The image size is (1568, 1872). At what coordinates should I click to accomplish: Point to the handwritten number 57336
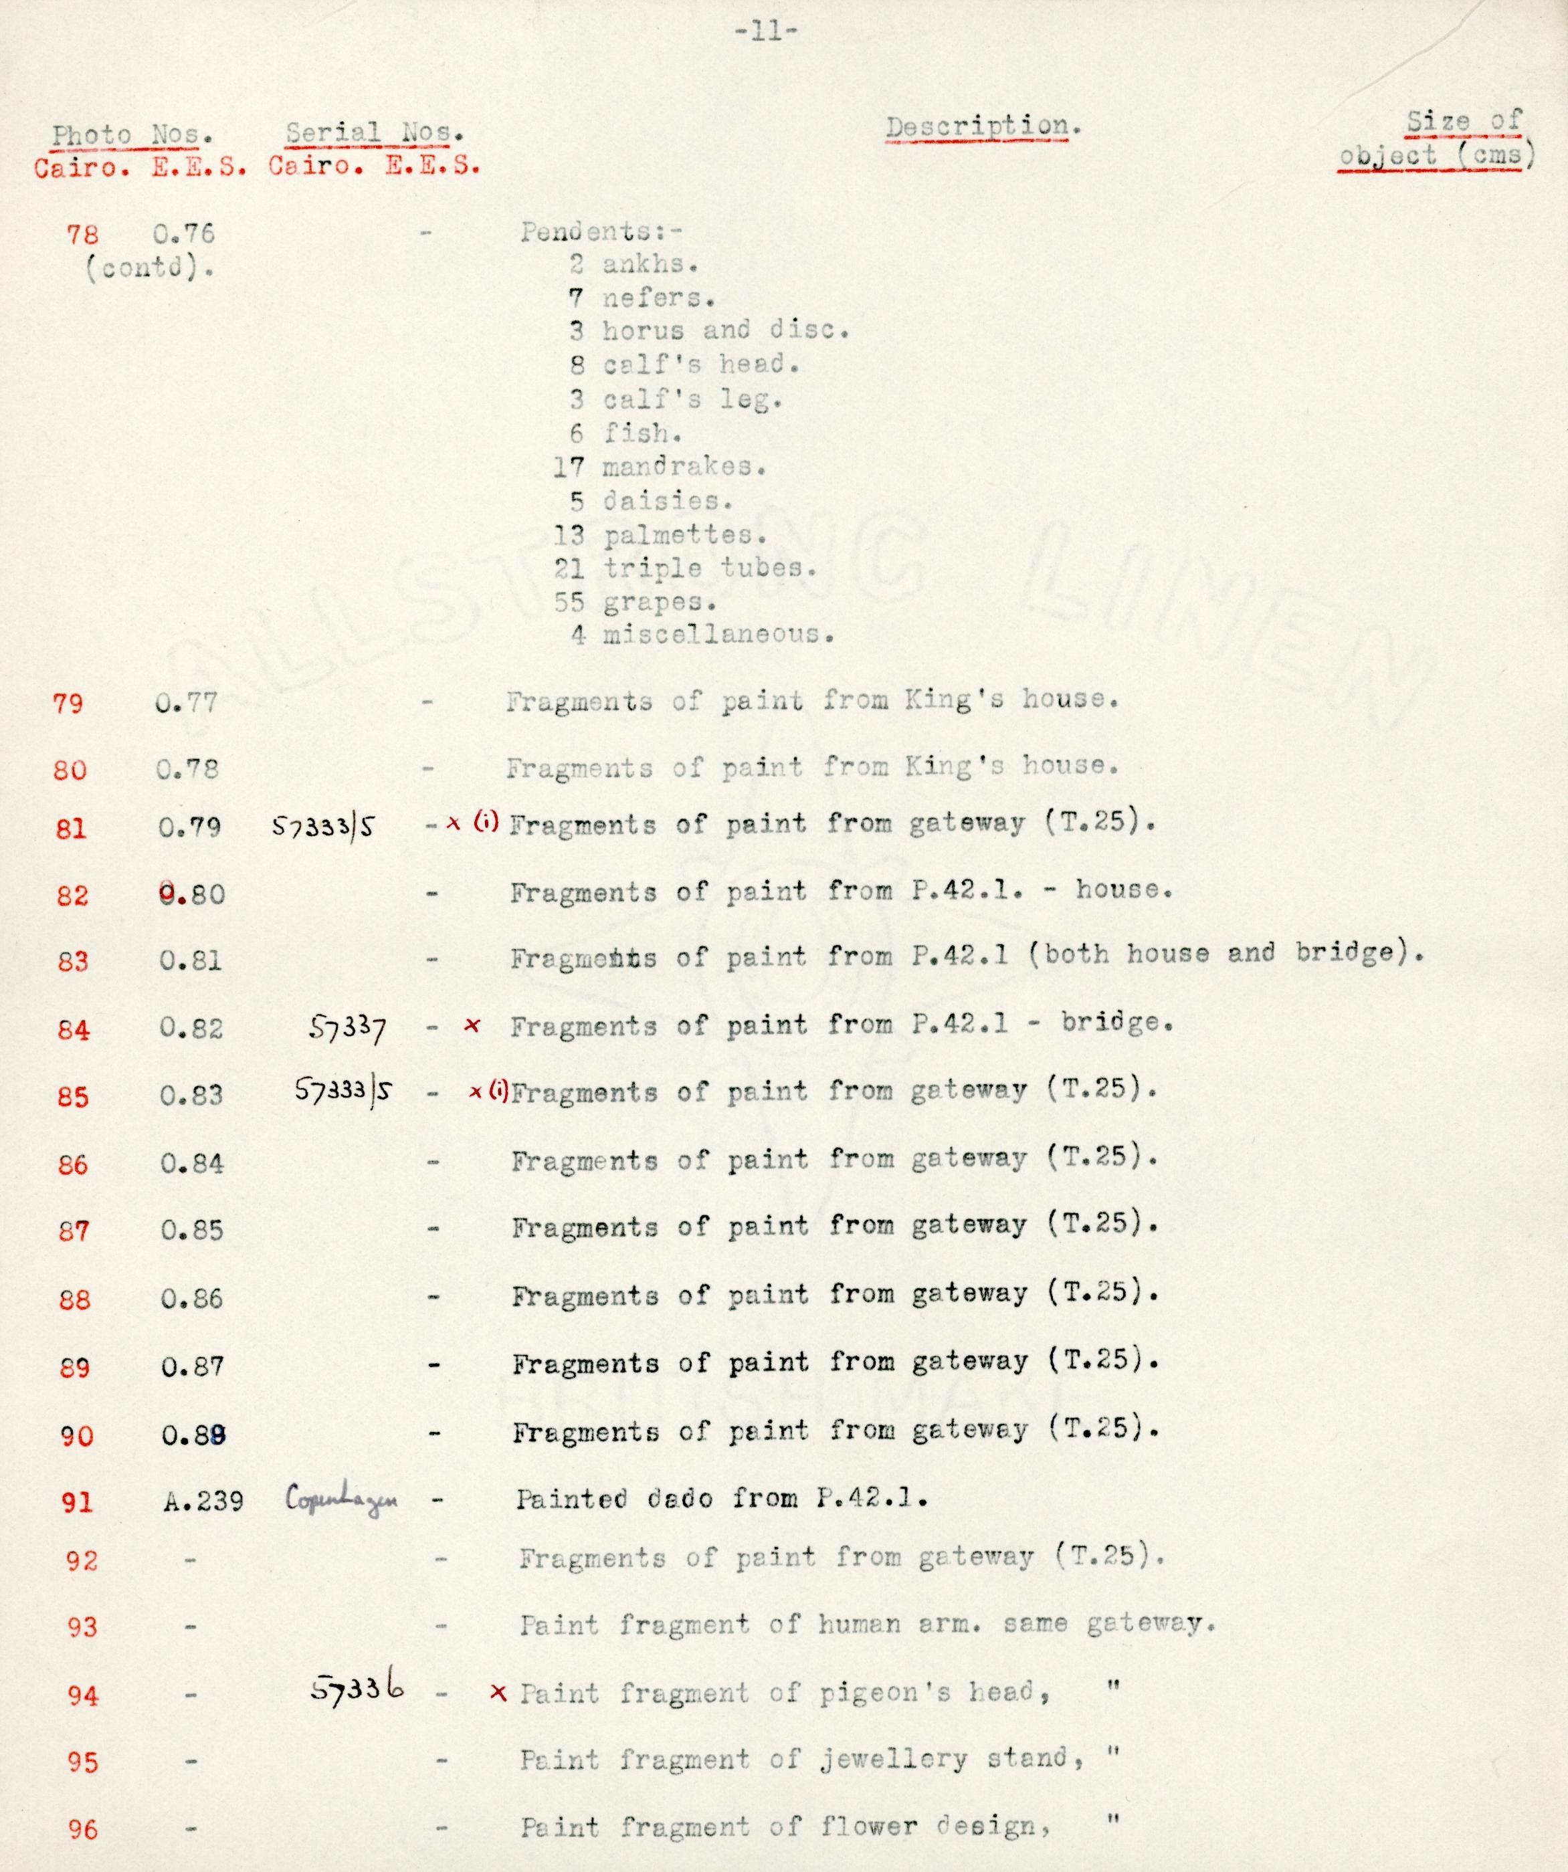(357, 1687)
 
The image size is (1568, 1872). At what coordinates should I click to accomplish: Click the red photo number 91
(78, 1502)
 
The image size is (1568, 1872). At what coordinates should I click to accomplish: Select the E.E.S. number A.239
(203, 1502)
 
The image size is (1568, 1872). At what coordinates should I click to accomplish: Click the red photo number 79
(69, 704)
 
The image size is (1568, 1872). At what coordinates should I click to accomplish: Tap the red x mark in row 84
(472, 1026)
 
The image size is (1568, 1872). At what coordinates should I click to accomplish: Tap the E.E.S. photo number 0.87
(192, 1366)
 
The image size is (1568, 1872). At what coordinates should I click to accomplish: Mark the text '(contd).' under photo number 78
(149, 268)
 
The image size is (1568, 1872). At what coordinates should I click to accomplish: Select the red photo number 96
(82, 1829)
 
